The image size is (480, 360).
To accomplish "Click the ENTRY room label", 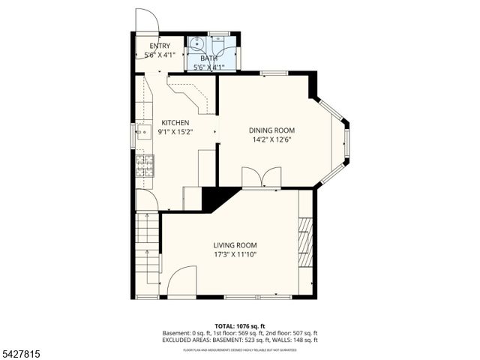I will point(159,46).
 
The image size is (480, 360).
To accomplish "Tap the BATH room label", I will point(208,58).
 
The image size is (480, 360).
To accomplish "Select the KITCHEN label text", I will point(175,123).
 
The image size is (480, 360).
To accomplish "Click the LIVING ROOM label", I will point(235,245).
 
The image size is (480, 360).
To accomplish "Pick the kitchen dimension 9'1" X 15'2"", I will point(175,132).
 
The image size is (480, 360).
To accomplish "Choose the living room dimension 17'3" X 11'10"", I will point(235,254).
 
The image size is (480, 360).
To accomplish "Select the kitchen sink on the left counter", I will point(139,133).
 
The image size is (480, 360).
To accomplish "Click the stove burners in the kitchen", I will point(143,164).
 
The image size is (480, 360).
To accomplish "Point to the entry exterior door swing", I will point(146,19).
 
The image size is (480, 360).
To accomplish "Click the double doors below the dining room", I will point(261,177).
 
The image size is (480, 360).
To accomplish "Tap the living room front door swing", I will point(181,282).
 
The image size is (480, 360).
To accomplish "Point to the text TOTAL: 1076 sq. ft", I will point(239,325).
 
